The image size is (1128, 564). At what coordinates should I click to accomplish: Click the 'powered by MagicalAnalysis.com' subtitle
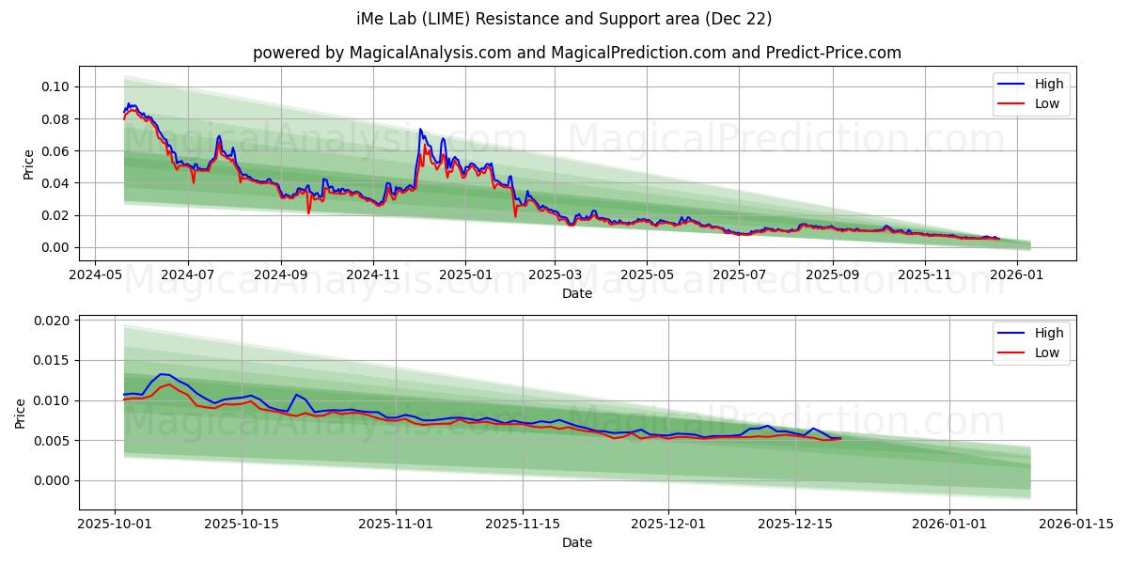tap(577, 53)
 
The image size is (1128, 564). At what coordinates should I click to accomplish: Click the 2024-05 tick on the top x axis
tap(96, 274)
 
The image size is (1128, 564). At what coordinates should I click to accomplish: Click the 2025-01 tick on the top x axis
tap(465, 274)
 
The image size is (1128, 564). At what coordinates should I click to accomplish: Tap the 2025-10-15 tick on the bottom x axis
tap(242, 524)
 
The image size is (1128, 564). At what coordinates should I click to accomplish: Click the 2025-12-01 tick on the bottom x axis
tap(668, 524)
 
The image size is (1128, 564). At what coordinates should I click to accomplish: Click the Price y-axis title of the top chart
tap(28, 164)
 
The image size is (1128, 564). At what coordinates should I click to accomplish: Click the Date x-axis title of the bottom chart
tap(577, 542)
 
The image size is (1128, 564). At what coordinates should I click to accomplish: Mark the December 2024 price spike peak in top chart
tap(420, 130)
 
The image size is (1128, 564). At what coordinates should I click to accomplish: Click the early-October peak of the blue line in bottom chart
tap(162, 374)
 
